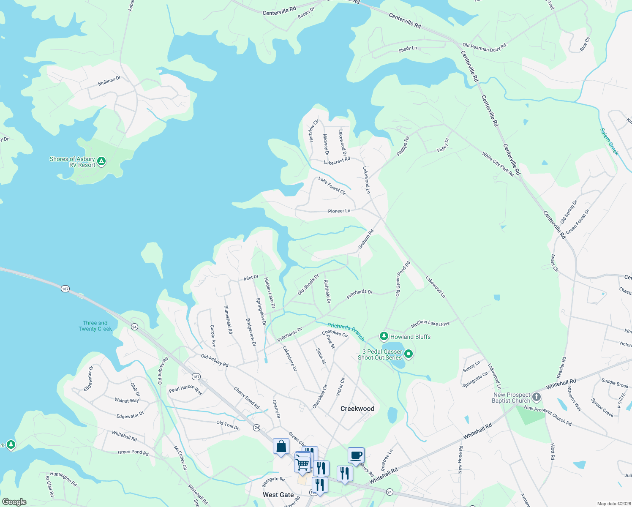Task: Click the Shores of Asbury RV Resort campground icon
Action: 101,161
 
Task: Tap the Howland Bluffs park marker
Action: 384,336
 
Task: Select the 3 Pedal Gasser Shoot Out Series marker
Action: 409,354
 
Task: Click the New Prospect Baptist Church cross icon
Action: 537,397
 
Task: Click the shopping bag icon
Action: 281,446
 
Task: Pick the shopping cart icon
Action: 302,464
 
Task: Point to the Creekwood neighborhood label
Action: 357,409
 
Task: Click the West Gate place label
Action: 278,495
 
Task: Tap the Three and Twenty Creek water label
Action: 95,326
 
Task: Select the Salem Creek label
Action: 609,142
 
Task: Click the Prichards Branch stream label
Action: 346,332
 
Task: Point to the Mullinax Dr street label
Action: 109,81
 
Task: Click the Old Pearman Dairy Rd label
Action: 484,47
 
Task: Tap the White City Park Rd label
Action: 498,164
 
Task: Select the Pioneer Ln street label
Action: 339,211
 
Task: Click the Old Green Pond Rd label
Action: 403,278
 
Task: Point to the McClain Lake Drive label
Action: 430,324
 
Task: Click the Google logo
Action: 14,502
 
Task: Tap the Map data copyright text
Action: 613,504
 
